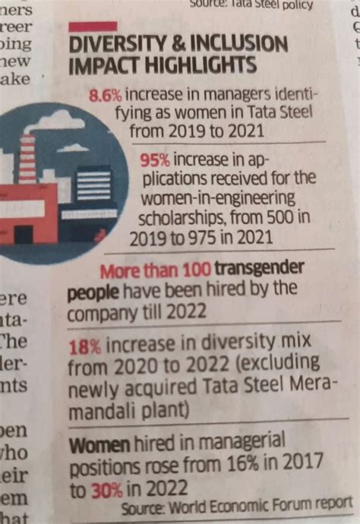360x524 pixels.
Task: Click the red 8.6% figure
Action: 106,96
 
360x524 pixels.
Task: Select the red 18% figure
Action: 83,346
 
